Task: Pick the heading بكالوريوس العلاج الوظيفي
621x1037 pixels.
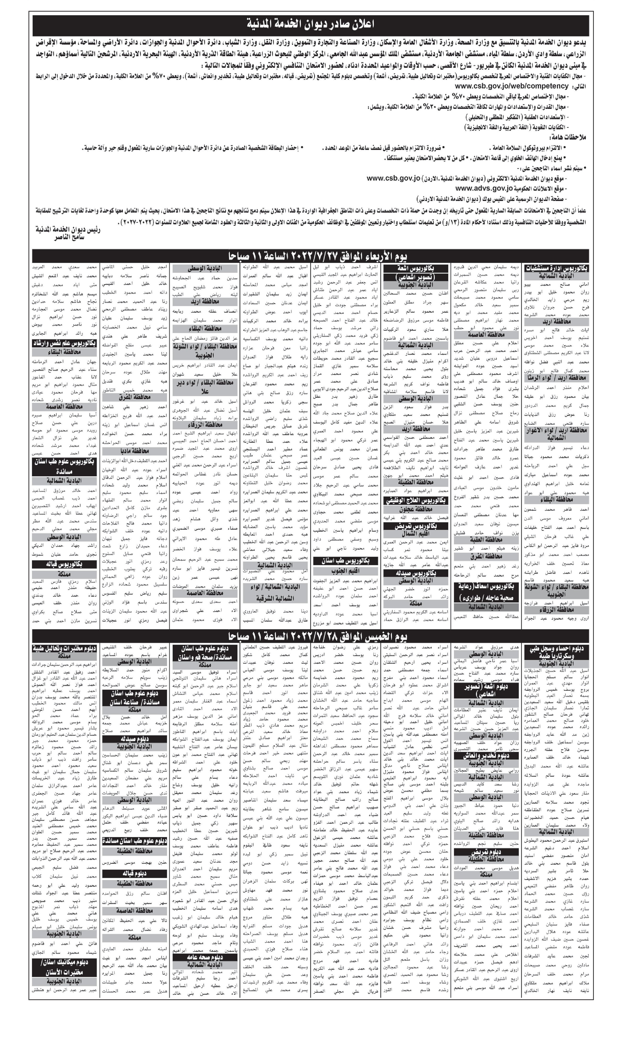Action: pyautogui.click(x=415, y=500)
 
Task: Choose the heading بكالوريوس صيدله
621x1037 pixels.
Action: pyautogui.click(x=415, y=573)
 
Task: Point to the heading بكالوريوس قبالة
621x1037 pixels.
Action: pyautogui.click(x=65, y=564)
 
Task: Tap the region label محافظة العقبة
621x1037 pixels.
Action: pyautogui.click(x=486, y=539)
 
